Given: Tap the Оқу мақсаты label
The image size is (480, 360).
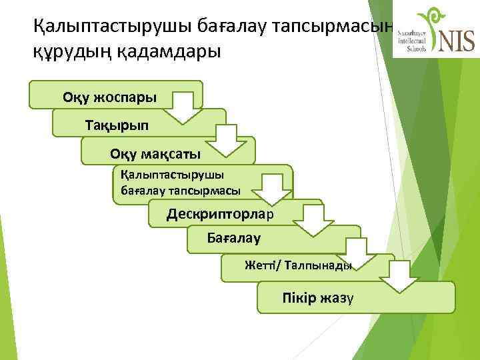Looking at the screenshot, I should tap(155, 154).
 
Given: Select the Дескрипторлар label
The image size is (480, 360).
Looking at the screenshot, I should tap(225, 213).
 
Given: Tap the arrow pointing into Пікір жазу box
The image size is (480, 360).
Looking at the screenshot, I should tap(400, 277).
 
